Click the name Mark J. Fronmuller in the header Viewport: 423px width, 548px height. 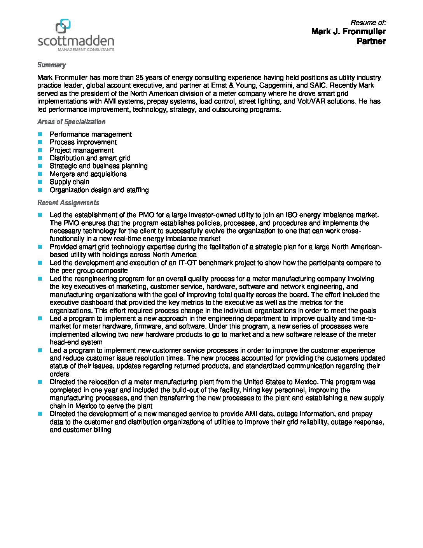pyautogui.click(x=348, y=32)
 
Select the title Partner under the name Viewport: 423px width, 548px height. pyautogui.click(x=371, y=41)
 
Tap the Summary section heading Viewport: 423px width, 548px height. pyautogui.click(x=51, y=65)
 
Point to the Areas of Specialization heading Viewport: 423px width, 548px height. pyautogui.click(x=71, y=122)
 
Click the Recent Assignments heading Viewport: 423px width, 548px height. pyautogui.click(x=68, y=203)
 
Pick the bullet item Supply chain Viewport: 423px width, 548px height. pyautogui.click(x=69, y=182)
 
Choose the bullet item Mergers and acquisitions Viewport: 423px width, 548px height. pyautogui.click(x=88, y=174)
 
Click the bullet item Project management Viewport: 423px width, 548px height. pyautogui.click(x=81, y=150)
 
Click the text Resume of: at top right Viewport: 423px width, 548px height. pyautogui.click(x=368, y=23)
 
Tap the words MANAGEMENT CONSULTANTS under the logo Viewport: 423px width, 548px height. pyautogui.click(x=86, y=50)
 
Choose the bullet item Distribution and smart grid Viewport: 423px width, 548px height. pyautogui.click(x=90, y=158)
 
